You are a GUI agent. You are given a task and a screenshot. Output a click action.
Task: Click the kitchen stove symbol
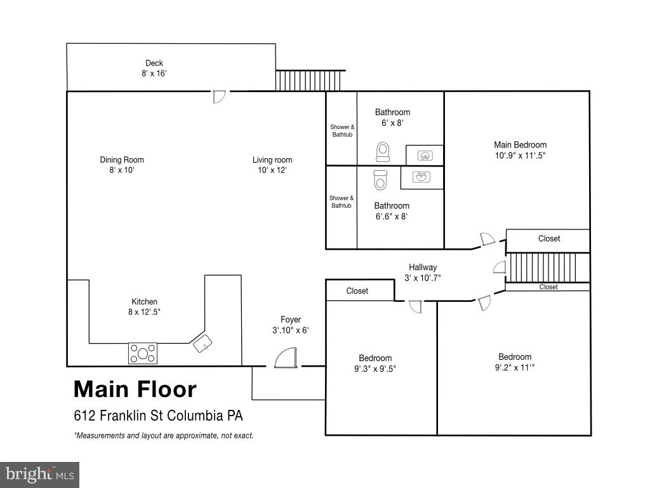(143, 353)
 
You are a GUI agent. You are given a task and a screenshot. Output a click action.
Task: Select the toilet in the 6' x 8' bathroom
(382, 152)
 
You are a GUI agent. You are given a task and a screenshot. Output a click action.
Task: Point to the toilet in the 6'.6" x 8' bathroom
(380, 180)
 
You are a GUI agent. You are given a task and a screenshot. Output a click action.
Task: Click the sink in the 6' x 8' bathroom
(424, 154)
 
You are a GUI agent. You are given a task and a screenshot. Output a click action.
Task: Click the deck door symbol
(218, 97)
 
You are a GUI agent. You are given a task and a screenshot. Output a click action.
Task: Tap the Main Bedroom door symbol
(487, 240)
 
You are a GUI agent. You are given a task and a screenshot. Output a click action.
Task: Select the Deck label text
(154, 63)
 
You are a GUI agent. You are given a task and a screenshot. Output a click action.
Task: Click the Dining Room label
(122, 160)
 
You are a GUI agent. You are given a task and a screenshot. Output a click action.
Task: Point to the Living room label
(272, 160)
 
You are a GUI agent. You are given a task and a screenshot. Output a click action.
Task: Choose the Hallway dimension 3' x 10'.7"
(423, 278)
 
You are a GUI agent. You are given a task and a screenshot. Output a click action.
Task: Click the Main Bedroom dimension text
(520, 155)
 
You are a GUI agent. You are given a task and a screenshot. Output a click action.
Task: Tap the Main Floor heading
(135, 389)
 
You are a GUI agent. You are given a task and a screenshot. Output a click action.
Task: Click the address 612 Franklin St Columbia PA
(159, 416)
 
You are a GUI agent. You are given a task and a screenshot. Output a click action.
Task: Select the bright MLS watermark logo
(39, 474)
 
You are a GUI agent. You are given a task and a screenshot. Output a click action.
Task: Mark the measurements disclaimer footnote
(164, 436)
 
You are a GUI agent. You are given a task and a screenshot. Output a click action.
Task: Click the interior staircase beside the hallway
(550, 268)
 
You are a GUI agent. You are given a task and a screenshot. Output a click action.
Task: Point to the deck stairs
(310, 80)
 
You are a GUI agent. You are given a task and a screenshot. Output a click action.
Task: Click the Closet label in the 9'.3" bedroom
(357, 291)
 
